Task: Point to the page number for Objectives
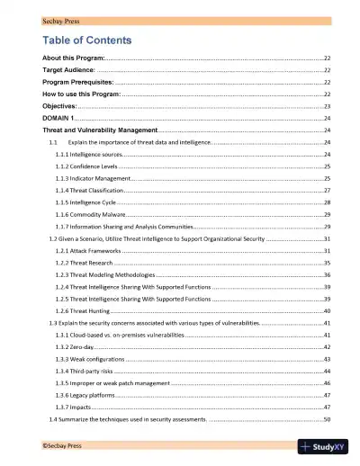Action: [328, 106]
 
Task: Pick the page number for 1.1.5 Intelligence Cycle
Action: [328, 203]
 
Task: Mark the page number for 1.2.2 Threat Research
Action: [328, 263]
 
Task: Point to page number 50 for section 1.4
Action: [328, 419]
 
